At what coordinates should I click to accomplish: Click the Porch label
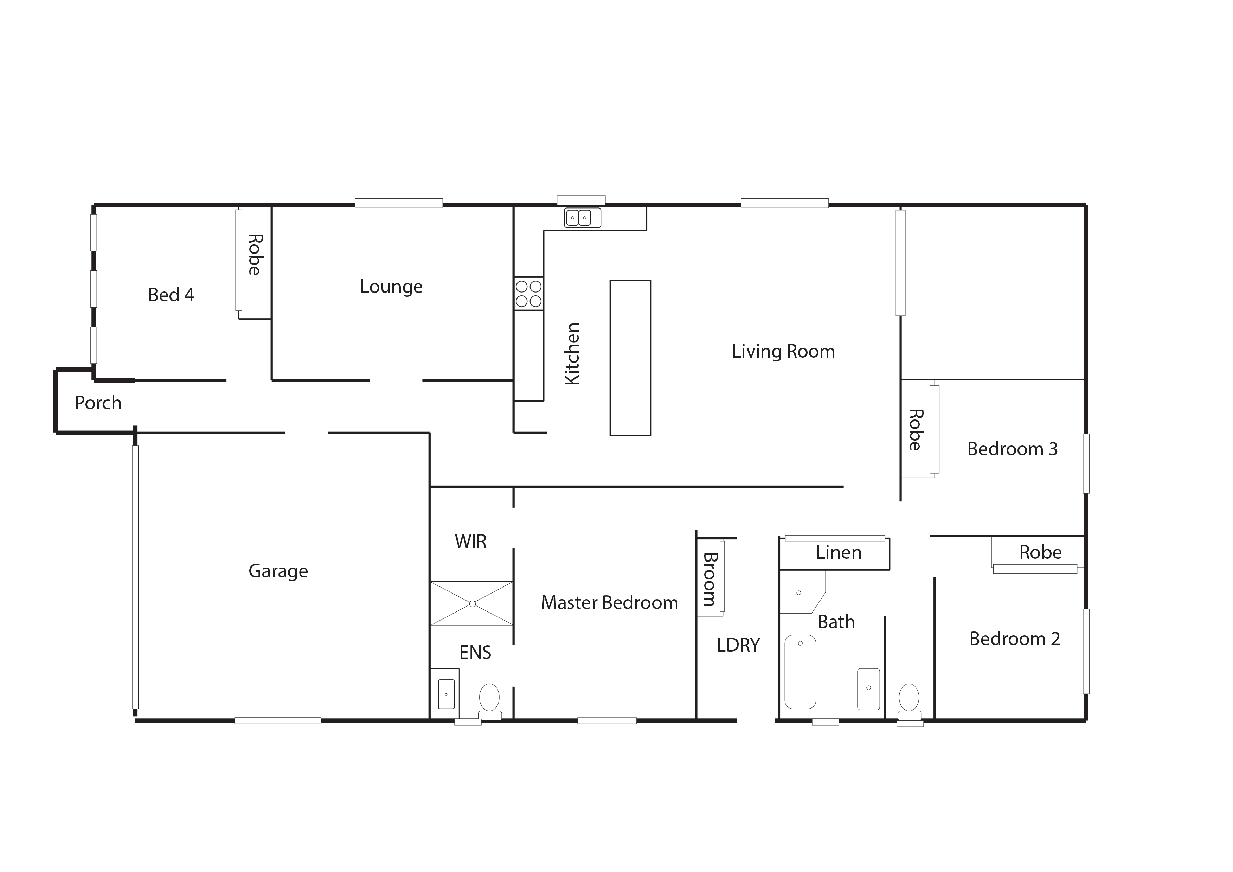[x=98, y=403]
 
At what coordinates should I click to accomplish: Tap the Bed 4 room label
[x=171, y=295]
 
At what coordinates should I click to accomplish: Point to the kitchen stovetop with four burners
[x=528, y=294]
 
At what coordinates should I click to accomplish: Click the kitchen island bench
[x=630, y=358]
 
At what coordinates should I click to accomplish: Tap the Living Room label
[x=784, y=351]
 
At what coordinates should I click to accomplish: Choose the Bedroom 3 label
[x=1012, y=449]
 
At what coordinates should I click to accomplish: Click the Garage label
[x=278, y=571]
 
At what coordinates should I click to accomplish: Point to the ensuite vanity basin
[x=446, y=694]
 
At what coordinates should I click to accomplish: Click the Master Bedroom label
[x=610, y=602]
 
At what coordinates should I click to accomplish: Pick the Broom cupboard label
[x=710, y=580]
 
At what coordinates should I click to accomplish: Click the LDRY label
[x=738, y=645]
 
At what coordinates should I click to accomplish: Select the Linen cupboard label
[x=839, y=552]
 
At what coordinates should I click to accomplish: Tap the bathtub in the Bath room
[x=800, y=672]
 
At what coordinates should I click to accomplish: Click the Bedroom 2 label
[x=1014, y=639]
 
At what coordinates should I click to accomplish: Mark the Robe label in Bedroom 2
[x=1040, y=552]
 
